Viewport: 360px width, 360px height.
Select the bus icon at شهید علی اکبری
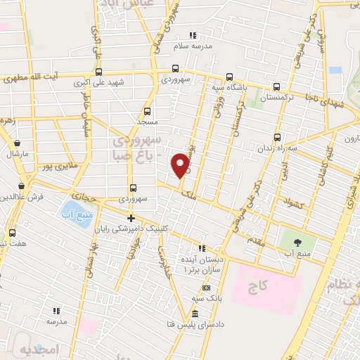tap(97, 71)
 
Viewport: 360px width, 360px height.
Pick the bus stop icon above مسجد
tap(147, 111)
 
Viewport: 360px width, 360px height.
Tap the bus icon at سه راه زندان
tap(277, 137)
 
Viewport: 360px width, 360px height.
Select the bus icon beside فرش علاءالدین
tap(23, 186)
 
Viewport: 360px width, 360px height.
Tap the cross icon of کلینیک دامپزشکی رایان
tap(131, 218)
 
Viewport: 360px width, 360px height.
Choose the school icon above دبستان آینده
tap(202, 248)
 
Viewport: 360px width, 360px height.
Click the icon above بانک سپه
tap(205, 288)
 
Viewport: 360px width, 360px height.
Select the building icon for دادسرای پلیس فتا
tap(194, 313)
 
